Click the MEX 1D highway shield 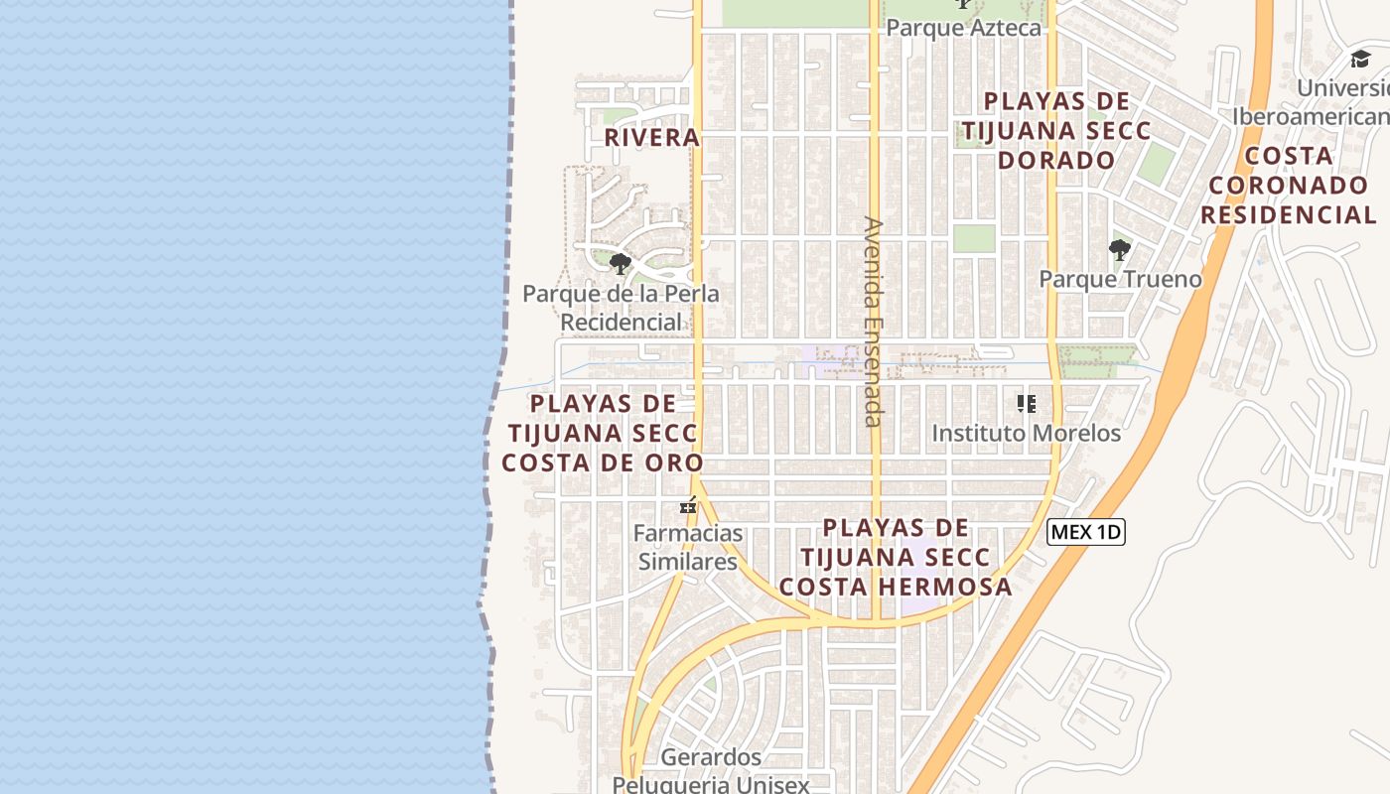[1085, 532]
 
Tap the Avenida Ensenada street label [873, 322]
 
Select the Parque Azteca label [963, 27]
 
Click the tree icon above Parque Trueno [1120, 249]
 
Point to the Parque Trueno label [1120, 279]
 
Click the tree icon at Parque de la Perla [621, 264]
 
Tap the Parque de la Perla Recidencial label [621, 308]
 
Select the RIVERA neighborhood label [652, 138]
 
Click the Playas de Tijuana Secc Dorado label [1056, 130]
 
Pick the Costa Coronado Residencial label [1288, 185]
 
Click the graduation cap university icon [1359, 60]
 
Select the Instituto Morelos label [1026, 433]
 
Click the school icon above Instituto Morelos [1026, 404]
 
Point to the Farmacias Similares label [687, 547]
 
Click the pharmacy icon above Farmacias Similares [687, 507]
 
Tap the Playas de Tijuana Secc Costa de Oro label [602, 433]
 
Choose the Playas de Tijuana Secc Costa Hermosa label [895, 557]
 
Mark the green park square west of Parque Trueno [974, 238]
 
